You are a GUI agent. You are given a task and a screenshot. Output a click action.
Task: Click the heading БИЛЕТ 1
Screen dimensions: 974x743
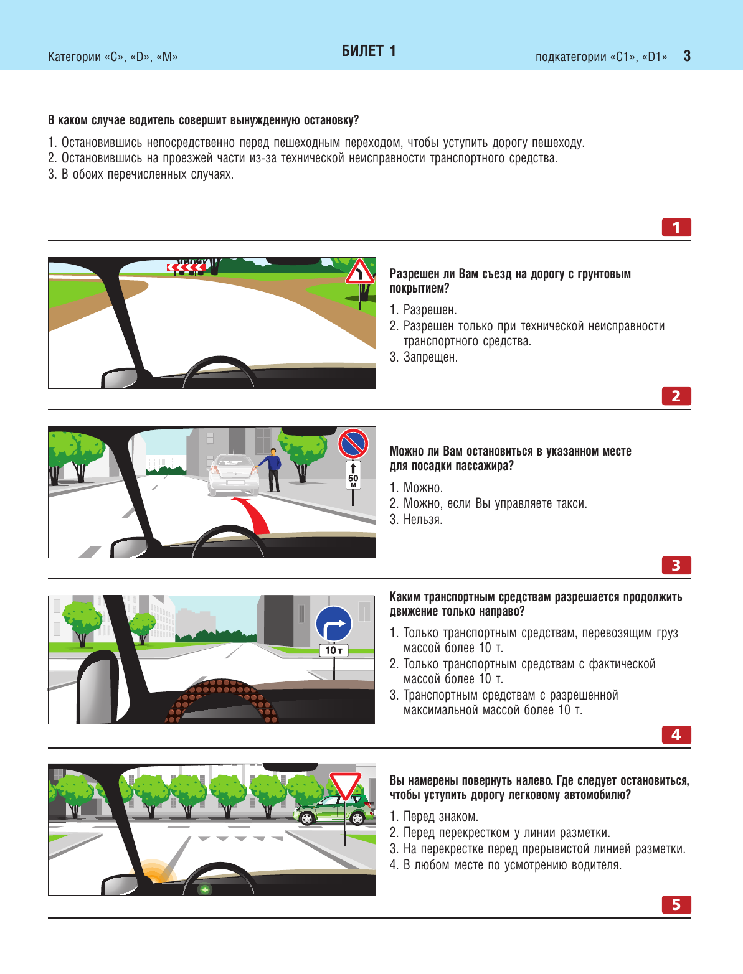(x=369, y=51)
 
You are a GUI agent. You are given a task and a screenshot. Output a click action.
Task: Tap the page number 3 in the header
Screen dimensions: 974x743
(x=687, y=56)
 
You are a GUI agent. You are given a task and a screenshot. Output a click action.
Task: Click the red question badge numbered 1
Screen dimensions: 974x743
(x=676, y=227)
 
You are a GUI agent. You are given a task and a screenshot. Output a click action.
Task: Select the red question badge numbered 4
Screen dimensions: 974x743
(x=676, y=735)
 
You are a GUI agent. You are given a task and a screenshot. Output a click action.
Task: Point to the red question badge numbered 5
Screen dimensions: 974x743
(x=676, y=904)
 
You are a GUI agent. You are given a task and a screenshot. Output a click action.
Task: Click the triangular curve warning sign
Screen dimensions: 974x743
(x=359, y=272)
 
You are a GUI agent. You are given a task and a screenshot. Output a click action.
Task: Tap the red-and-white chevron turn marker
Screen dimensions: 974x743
(x=186, y=267)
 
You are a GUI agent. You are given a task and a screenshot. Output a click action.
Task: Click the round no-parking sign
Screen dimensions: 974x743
(x=353, y=443)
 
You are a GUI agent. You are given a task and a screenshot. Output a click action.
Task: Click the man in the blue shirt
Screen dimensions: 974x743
(x=272, y=469)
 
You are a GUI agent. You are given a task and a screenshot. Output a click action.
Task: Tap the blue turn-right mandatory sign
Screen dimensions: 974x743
(x=334, y=624)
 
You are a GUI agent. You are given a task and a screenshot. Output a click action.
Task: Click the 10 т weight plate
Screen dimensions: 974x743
(x=334, y=650)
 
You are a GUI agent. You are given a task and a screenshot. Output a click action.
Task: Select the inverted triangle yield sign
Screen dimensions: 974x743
(x=345, y=785)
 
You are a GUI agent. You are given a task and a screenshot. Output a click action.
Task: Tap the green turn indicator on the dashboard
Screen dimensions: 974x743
(x=204, y=889)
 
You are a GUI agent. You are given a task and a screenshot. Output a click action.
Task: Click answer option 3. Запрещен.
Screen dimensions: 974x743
(x=424, y=357)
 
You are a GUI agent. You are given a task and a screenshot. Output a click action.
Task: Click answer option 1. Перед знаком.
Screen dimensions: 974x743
(x=433, y=817)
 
